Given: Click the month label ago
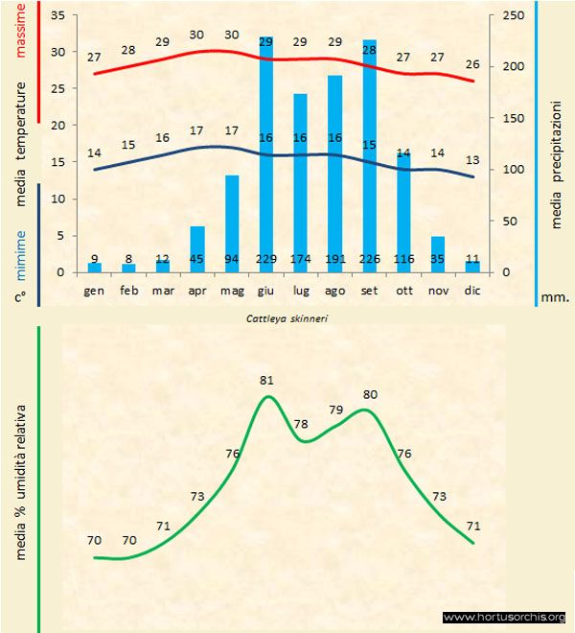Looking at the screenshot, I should coord(334,289).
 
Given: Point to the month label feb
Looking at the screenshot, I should coord(128,289).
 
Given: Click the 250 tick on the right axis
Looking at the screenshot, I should coord(515,16).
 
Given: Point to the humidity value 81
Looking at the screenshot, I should coord(267,381).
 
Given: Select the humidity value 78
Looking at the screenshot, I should coord(301,424).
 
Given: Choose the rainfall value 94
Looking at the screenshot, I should coord(232,259).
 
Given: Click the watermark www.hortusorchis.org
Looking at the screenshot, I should coord(504,618).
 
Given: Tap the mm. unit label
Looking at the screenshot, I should coord(555,297).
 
